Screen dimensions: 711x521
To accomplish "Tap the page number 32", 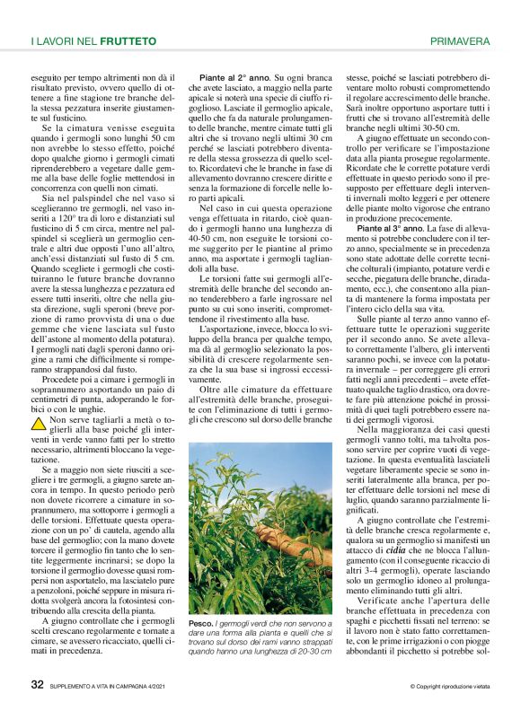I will coord(38,684).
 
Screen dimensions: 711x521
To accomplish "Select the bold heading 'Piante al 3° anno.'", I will coord(387,228).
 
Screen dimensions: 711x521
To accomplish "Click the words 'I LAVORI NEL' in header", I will coord(65,41).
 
